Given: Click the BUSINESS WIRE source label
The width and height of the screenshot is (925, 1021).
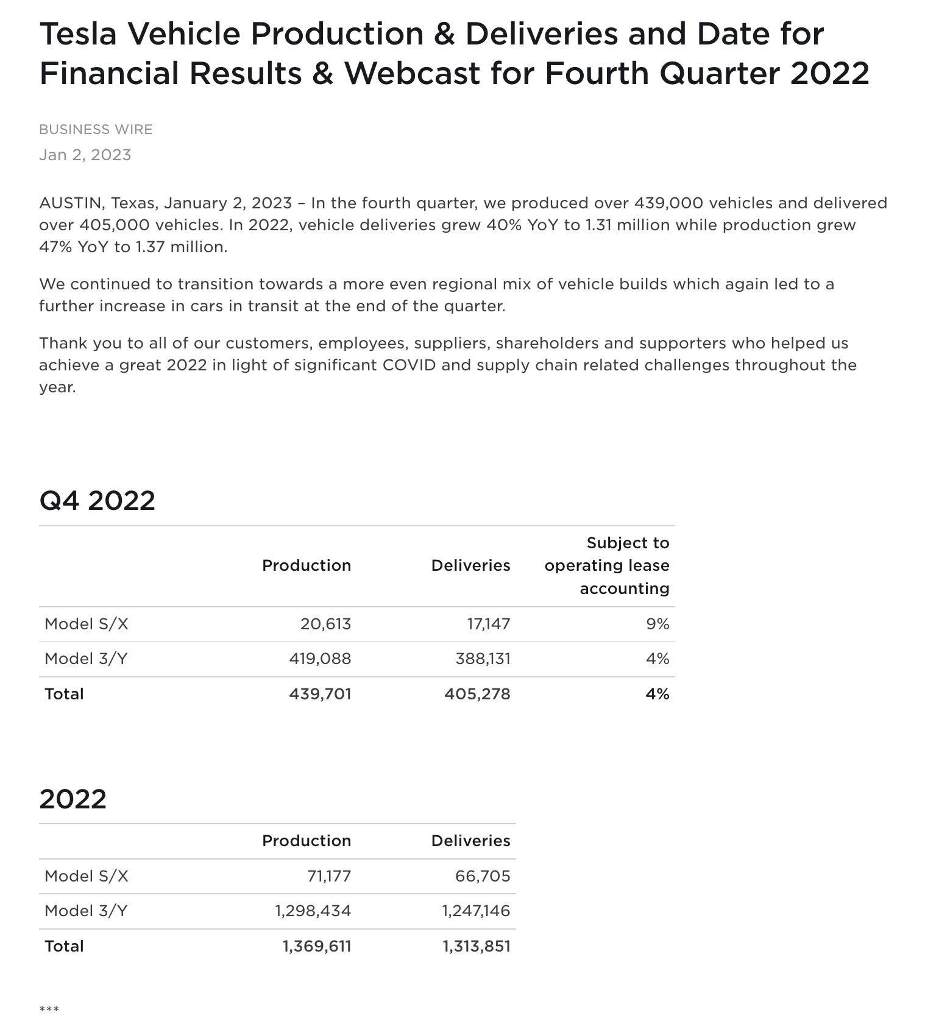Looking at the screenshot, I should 96,130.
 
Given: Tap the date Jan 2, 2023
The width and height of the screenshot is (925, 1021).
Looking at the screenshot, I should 85,155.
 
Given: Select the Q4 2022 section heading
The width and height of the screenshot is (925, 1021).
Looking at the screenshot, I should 97,500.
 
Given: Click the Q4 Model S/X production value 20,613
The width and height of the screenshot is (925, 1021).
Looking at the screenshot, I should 325,624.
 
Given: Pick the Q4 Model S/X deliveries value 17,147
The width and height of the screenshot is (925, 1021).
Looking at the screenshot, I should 488,624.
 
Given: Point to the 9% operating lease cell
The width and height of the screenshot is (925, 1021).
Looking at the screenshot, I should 657,624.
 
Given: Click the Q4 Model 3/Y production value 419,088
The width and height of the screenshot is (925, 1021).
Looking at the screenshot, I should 320,659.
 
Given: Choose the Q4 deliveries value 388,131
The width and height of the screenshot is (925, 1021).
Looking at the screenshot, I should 483,659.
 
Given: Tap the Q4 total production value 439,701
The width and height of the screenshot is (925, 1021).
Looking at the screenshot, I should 320,694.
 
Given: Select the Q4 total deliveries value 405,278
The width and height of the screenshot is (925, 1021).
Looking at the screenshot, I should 477,694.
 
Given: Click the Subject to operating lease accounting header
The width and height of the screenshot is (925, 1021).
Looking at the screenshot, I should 607,565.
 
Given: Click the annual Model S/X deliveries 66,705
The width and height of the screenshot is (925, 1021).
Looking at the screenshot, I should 483,876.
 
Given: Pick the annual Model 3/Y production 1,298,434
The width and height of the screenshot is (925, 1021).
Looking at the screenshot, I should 313,911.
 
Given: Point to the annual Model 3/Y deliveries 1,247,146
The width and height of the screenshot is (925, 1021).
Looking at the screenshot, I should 476,911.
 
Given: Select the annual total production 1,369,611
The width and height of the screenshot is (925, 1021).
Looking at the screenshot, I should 317,946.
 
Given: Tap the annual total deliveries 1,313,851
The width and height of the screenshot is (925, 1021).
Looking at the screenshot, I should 477,946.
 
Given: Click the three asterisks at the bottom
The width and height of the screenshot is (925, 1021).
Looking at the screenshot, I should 49,1009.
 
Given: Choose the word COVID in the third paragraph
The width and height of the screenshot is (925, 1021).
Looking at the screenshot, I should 408,365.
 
